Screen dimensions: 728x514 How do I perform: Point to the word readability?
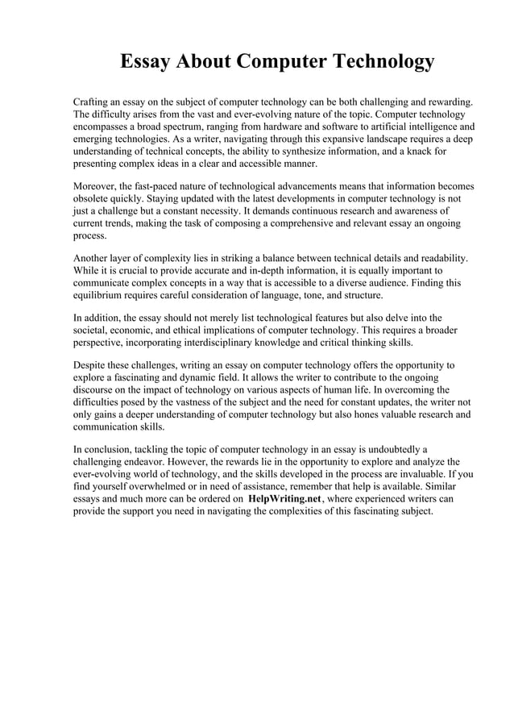pyautogui.click(x=442, y=258)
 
